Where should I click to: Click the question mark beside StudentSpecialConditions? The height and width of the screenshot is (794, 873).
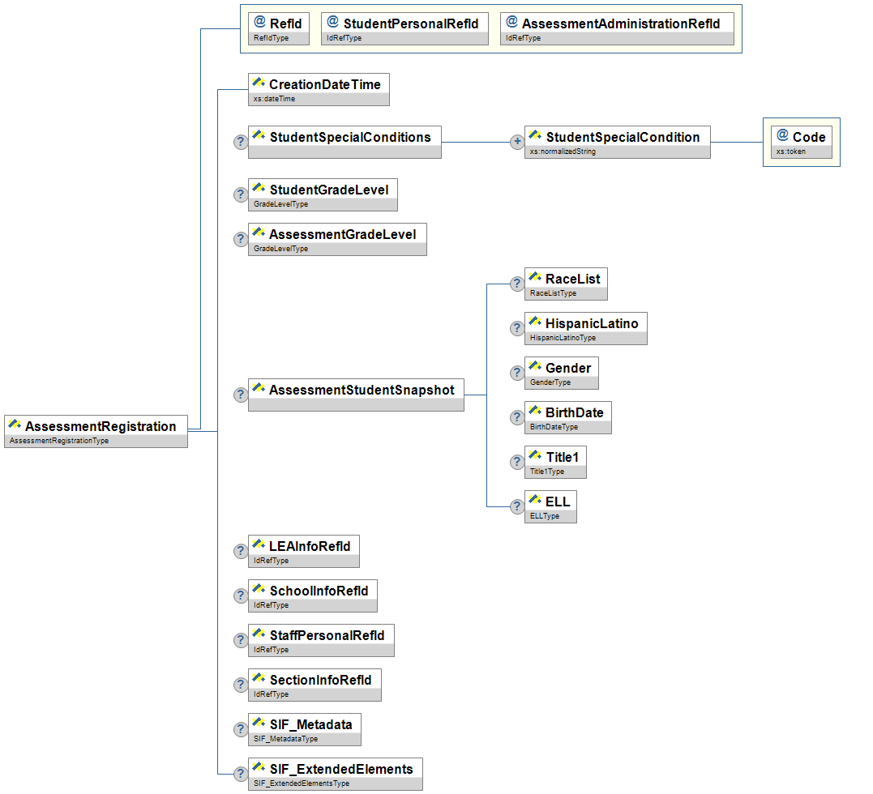(241, 142)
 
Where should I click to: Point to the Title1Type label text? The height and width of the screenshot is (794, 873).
(547, 472)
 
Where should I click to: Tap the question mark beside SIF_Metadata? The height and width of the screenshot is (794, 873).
(241, 729)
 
